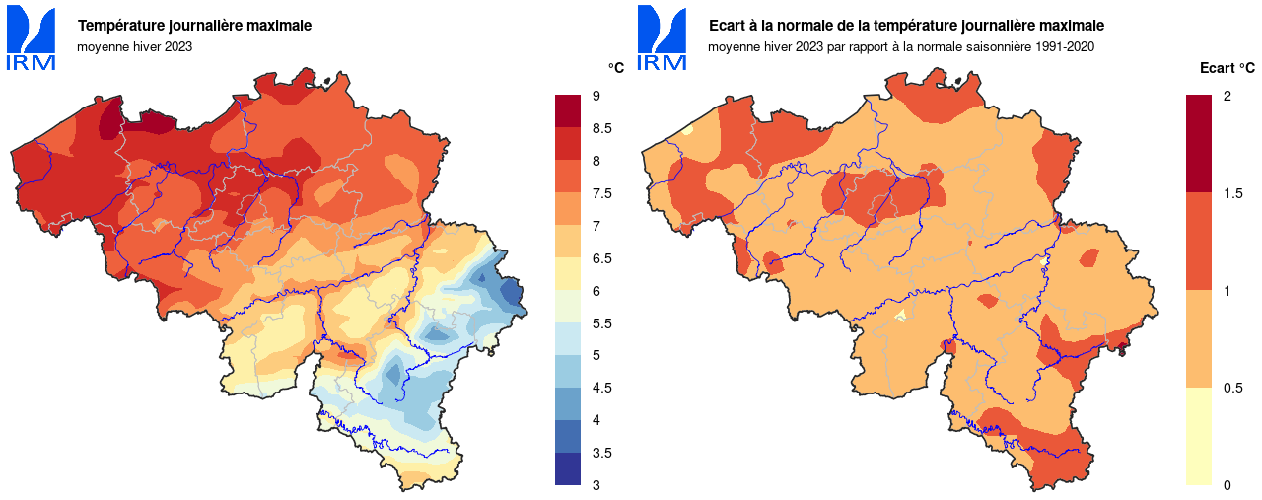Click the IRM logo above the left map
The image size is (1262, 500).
pyautogui.click(x=32, y=37)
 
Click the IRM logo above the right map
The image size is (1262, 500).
pyautogui.click(x=663, y=37)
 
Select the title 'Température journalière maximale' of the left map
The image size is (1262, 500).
pyautogui.click(x=194, y=25)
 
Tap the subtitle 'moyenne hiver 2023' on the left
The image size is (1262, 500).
pyautogui.click(x=134, y=46)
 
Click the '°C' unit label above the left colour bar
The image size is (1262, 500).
pyautogui.click(x=615, y=68)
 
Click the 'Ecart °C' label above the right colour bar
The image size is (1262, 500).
pyautogui.click(x=1227, y=68)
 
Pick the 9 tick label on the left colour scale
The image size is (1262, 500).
pyautogui.click(x=596, y=96)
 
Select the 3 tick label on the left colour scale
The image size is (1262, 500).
pyautogui.click(x=596, y=485)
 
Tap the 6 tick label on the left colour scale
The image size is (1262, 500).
pyautogui.click(x=596, y=291)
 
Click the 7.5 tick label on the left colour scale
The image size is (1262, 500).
pyautogui.click(x=601, y=193)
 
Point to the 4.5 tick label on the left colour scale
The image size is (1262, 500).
pyautogui.click(x=601, y=388)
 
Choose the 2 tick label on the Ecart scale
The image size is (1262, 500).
pyautogui.click(x=1227, y=96)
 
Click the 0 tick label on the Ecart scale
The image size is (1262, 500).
pyautogui.click(x=1227, y=485)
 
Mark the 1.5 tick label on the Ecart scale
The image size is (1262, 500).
pyautogui.click(x=1232, y=193)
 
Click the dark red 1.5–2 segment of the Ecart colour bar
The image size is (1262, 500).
pyautogui.click(x=1199, y=143)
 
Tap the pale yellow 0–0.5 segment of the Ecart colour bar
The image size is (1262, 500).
pyautogui.click(x=1199, y=436)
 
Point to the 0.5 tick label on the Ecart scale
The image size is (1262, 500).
pyautogui.click(x=1232, y=388)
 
